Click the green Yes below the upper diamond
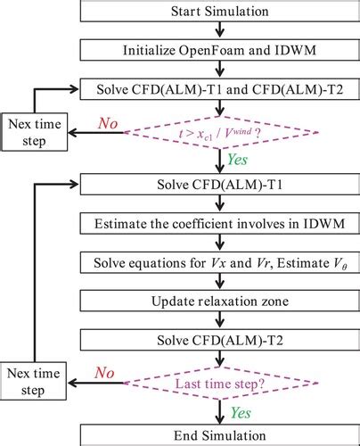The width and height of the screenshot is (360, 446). [x=240, y=161]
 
